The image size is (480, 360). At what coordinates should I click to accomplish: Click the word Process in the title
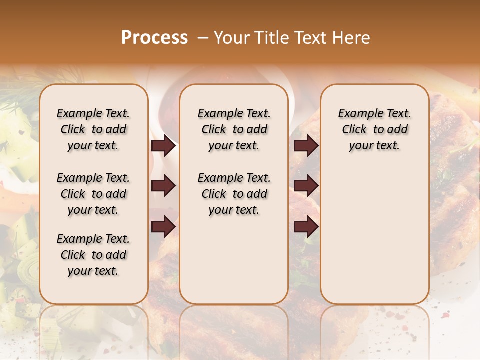(154, 37)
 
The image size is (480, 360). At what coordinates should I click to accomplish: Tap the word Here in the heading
(352, 37)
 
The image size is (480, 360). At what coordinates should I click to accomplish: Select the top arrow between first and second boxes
(163, 146)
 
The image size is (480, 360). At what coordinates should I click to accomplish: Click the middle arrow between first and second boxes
(163, 186)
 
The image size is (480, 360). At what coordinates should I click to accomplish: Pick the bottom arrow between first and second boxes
(163, 227)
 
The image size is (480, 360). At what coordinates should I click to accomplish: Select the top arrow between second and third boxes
(306, 146)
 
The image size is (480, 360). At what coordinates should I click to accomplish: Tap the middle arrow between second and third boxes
(306, 186)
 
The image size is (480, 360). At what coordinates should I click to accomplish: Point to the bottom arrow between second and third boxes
(306, 227)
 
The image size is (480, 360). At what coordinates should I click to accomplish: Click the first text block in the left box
(93, 129)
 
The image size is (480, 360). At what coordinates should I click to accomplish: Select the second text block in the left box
(93, 194)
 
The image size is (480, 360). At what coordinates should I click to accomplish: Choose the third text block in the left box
(93, 255)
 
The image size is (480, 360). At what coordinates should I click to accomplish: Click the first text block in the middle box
(234, 129)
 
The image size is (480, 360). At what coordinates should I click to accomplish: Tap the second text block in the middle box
(234, 194)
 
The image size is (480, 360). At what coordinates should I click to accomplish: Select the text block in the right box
(374, 129)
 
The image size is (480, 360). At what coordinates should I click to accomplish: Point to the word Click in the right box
(354, 129)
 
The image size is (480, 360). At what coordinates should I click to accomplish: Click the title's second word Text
(311, 37)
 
